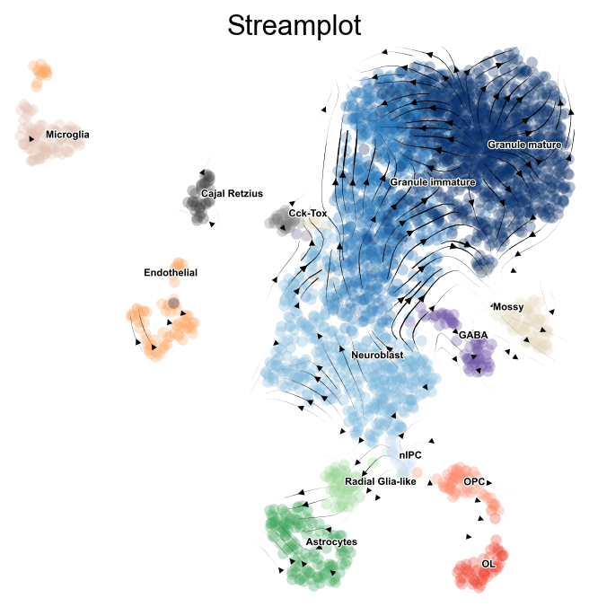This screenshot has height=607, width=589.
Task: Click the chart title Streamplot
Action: (x=294, y=26)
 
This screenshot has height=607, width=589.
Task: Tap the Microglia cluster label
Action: (x=67, y=135)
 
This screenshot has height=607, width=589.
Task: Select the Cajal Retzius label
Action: (x=232, y=193)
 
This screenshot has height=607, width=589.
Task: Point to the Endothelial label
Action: (x=170, y=272)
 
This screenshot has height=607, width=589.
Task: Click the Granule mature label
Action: (x=524, y=145)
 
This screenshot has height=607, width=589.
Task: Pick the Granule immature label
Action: (x=432, y=182)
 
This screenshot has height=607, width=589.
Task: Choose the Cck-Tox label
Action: (x=307, y=214)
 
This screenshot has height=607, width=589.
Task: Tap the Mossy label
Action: (x=507, y=308)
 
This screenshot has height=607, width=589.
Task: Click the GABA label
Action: (x=472, y=335)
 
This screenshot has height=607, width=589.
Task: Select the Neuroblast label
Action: (x=377, y=356)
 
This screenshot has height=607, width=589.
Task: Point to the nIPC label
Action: (x=410, y=455)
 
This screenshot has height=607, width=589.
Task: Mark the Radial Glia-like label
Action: (x=381, y=482)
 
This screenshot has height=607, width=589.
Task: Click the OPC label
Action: (x=474, y=482)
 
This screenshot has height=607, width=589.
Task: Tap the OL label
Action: (x=488, y=564)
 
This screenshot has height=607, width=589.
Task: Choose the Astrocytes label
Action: (x=330, y=542)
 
